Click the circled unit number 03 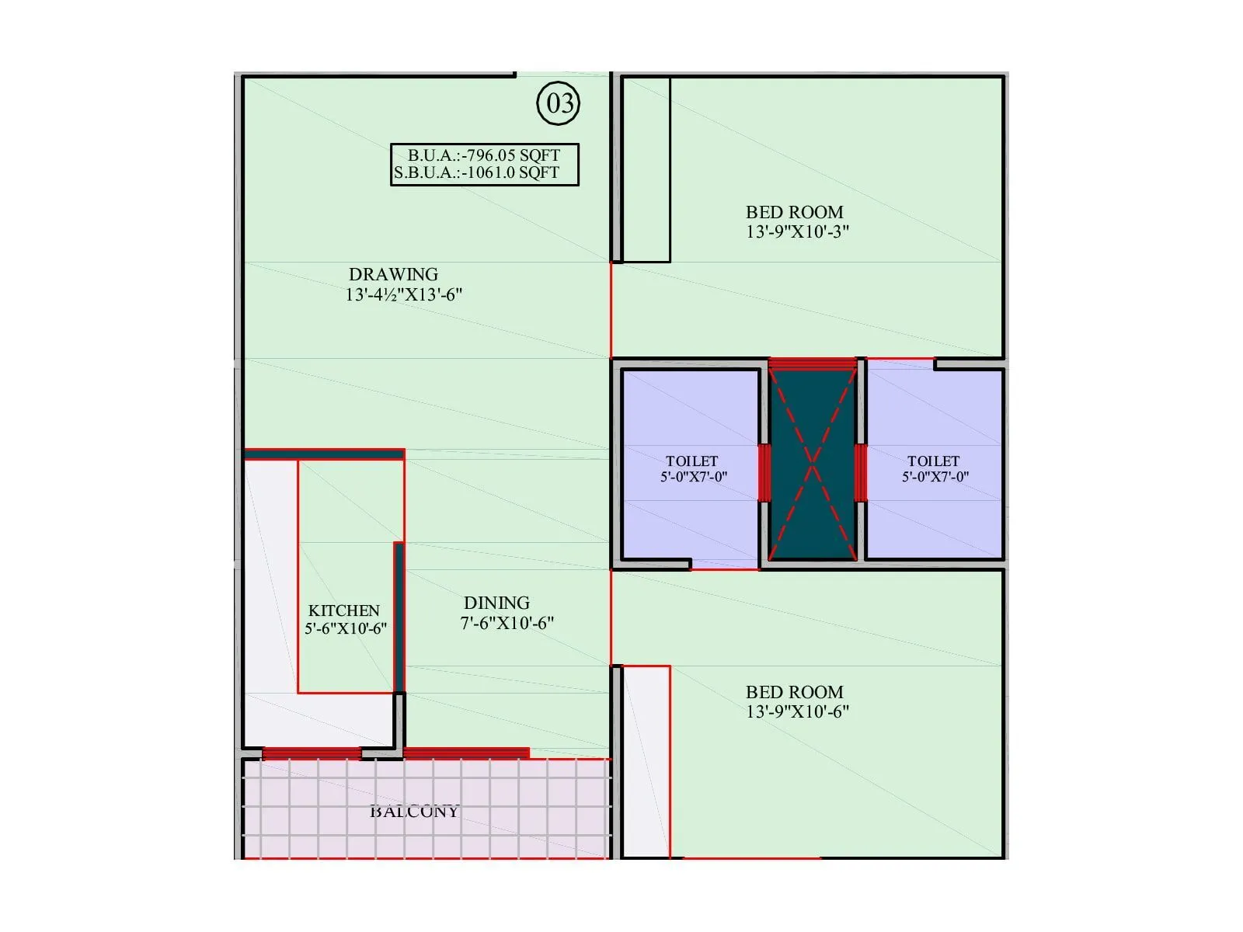[x=559, y=103]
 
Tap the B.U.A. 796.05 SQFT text [x=484, y=155]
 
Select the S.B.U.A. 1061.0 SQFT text [x=476, y=172]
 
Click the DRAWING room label [x=393, y=274]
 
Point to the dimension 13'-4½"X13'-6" [x=404, y=294]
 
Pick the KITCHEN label [x=343, y=610]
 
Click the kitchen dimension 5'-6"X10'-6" [x=346, y=628]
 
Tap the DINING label [x=496, y=603]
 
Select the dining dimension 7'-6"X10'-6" [x=507, y=623]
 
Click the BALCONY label [x=414, y=811]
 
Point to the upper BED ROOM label [x=794, y=212]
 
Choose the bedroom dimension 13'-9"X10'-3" [x=798, y=231]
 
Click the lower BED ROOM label [x=794, y=692]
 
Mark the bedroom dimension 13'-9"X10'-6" [x=798, y=711]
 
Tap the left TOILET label [x=691, y=461]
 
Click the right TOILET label [x=933, y=461]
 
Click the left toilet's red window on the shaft [x=764, y=472]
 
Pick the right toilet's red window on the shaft [x=860, y=472]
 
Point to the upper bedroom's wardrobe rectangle [x=646, y=169]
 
